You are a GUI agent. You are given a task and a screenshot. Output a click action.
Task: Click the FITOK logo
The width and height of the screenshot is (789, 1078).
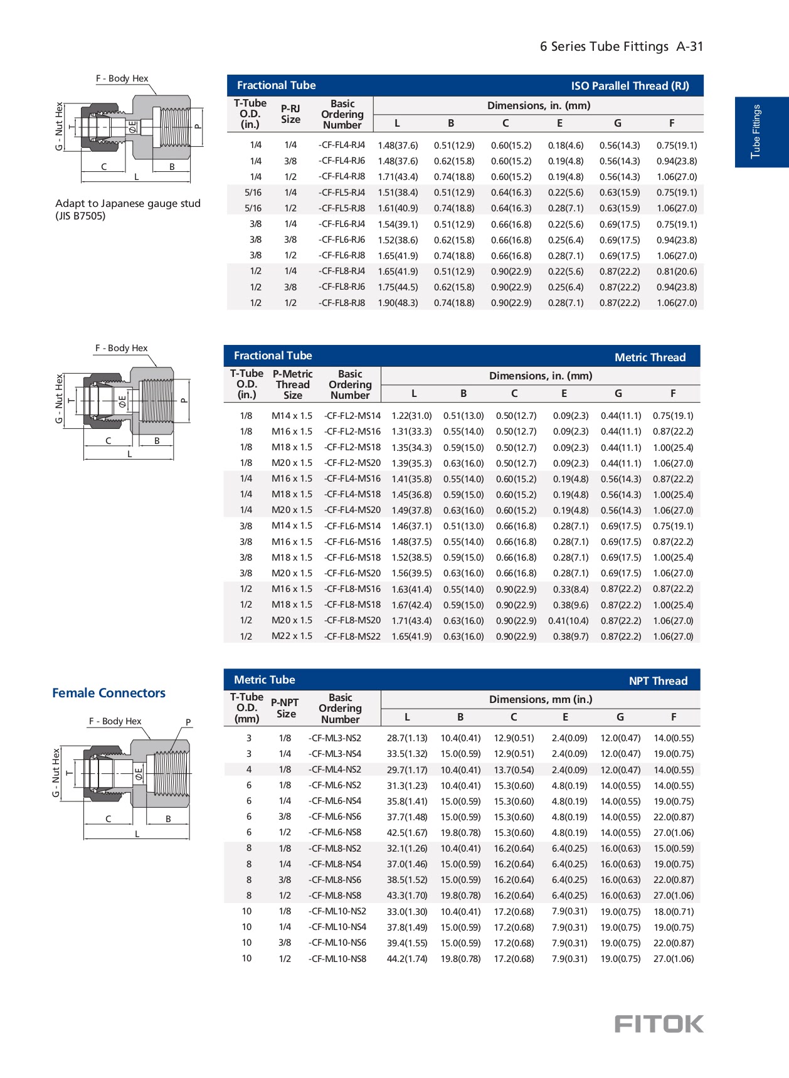[659, 1023]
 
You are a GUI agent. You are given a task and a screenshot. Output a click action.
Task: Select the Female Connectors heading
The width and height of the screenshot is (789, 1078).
[109, 693]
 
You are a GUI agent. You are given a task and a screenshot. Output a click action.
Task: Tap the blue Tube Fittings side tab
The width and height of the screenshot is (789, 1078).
[761, 132]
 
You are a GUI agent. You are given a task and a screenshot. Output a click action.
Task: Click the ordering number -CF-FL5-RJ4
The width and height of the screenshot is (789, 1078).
[342, 193]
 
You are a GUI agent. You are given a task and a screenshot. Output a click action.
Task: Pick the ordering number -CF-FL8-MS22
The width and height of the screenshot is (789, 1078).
[352, 636]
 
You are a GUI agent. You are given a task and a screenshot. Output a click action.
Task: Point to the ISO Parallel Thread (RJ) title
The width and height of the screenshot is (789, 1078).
[630, 86]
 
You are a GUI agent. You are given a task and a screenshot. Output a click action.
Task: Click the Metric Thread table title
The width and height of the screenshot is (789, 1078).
[650, 357]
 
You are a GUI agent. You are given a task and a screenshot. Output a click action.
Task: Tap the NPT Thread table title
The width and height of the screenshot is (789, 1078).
[658, 681]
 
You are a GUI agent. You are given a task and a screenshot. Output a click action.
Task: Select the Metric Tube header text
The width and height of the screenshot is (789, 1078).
[264, 680]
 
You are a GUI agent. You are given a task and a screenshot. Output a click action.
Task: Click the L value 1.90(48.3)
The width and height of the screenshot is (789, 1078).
[398, 303]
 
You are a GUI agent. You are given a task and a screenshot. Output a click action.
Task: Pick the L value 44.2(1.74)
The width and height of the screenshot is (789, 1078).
[407, 959]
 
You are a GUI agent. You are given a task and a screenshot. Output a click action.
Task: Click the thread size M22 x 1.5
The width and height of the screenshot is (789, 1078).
[292, 636]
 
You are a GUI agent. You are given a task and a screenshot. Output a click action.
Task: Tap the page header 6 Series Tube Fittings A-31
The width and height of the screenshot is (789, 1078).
[621, 46]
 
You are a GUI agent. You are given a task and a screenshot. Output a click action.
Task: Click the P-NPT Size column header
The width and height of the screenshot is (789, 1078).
[285, 708]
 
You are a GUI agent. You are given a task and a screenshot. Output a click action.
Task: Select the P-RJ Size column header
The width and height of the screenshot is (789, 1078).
[290, 114]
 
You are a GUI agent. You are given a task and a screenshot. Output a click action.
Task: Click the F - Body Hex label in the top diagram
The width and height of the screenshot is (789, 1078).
[122, 78]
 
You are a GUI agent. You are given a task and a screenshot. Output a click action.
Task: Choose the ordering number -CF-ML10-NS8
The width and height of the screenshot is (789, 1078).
[337, 959]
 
